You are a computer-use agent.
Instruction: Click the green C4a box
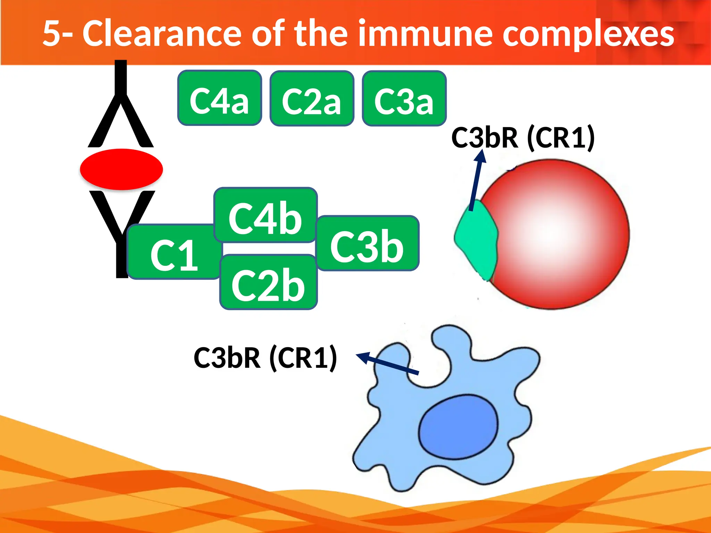point(219,98)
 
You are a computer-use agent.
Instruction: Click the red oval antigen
point(121,169)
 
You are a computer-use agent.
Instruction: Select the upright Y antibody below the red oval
point(122,229)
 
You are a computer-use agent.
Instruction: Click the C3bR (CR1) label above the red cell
point(523,138)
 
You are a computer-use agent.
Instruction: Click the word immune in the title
point(425,34)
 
